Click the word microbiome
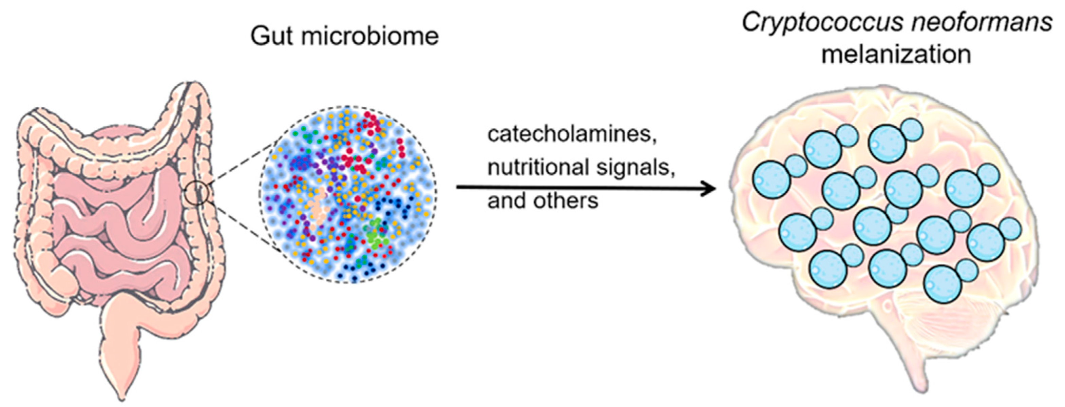click(370, 36)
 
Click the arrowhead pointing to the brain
click(709, 189)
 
